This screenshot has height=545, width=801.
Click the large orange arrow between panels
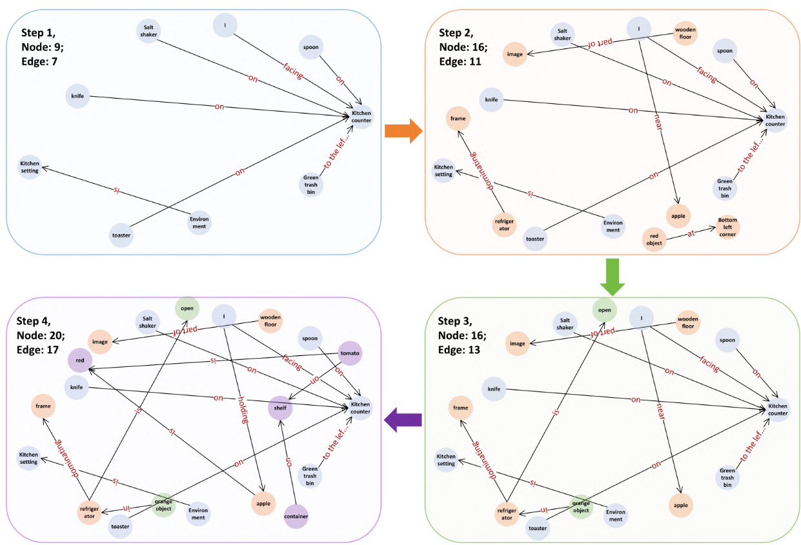tap(403, 132)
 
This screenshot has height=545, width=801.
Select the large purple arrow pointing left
tap(403, 421)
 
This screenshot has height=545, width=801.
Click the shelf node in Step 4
tap(281, 408)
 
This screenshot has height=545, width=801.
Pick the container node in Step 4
tap(296, 516)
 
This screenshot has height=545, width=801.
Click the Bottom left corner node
tap(727, 227)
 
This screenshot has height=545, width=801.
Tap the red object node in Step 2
tap(654, 239)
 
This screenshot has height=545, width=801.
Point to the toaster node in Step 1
tap(121, 235)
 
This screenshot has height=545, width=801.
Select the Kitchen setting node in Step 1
tap(29, 166)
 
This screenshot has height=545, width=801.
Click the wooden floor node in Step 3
tap(687, 322)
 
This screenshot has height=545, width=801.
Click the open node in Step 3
tap(604, 310)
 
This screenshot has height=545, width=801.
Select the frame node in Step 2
tap(458, 119)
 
